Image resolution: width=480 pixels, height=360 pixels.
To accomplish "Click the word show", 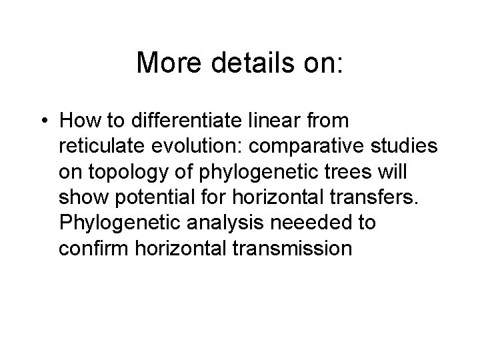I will coord(79,197).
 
